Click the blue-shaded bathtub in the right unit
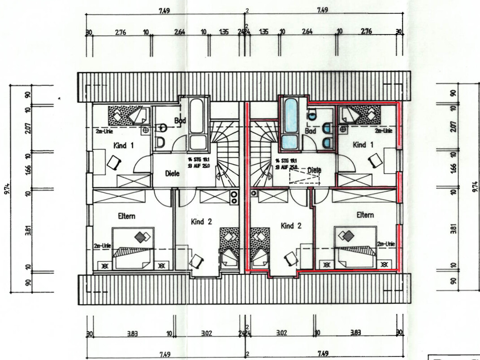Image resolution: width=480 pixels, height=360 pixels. click(x=291, y=122)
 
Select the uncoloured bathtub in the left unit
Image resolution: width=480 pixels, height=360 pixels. click(x=198, y=122)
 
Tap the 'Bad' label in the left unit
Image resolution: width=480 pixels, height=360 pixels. click(x=180, y=120)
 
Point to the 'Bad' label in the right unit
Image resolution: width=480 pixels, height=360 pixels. click(x=310, y=131)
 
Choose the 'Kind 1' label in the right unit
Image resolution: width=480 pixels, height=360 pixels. click(x=363, y=145)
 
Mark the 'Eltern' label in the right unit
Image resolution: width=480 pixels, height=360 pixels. click(x=365, y=215)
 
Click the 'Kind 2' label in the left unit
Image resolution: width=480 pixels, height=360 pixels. click(x=201, y=221)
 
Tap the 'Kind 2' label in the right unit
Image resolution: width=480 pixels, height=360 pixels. click(x=290, y=226)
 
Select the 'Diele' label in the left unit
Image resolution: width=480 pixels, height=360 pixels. click(x=172, y=173)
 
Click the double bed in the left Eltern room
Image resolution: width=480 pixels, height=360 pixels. click(x=133, y=248)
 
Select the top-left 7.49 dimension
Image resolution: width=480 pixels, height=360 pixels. click(x=164, y=11)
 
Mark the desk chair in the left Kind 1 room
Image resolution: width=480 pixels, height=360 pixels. click(x=113, y=162)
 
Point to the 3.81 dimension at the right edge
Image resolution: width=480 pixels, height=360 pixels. click(x=453, y=228)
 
